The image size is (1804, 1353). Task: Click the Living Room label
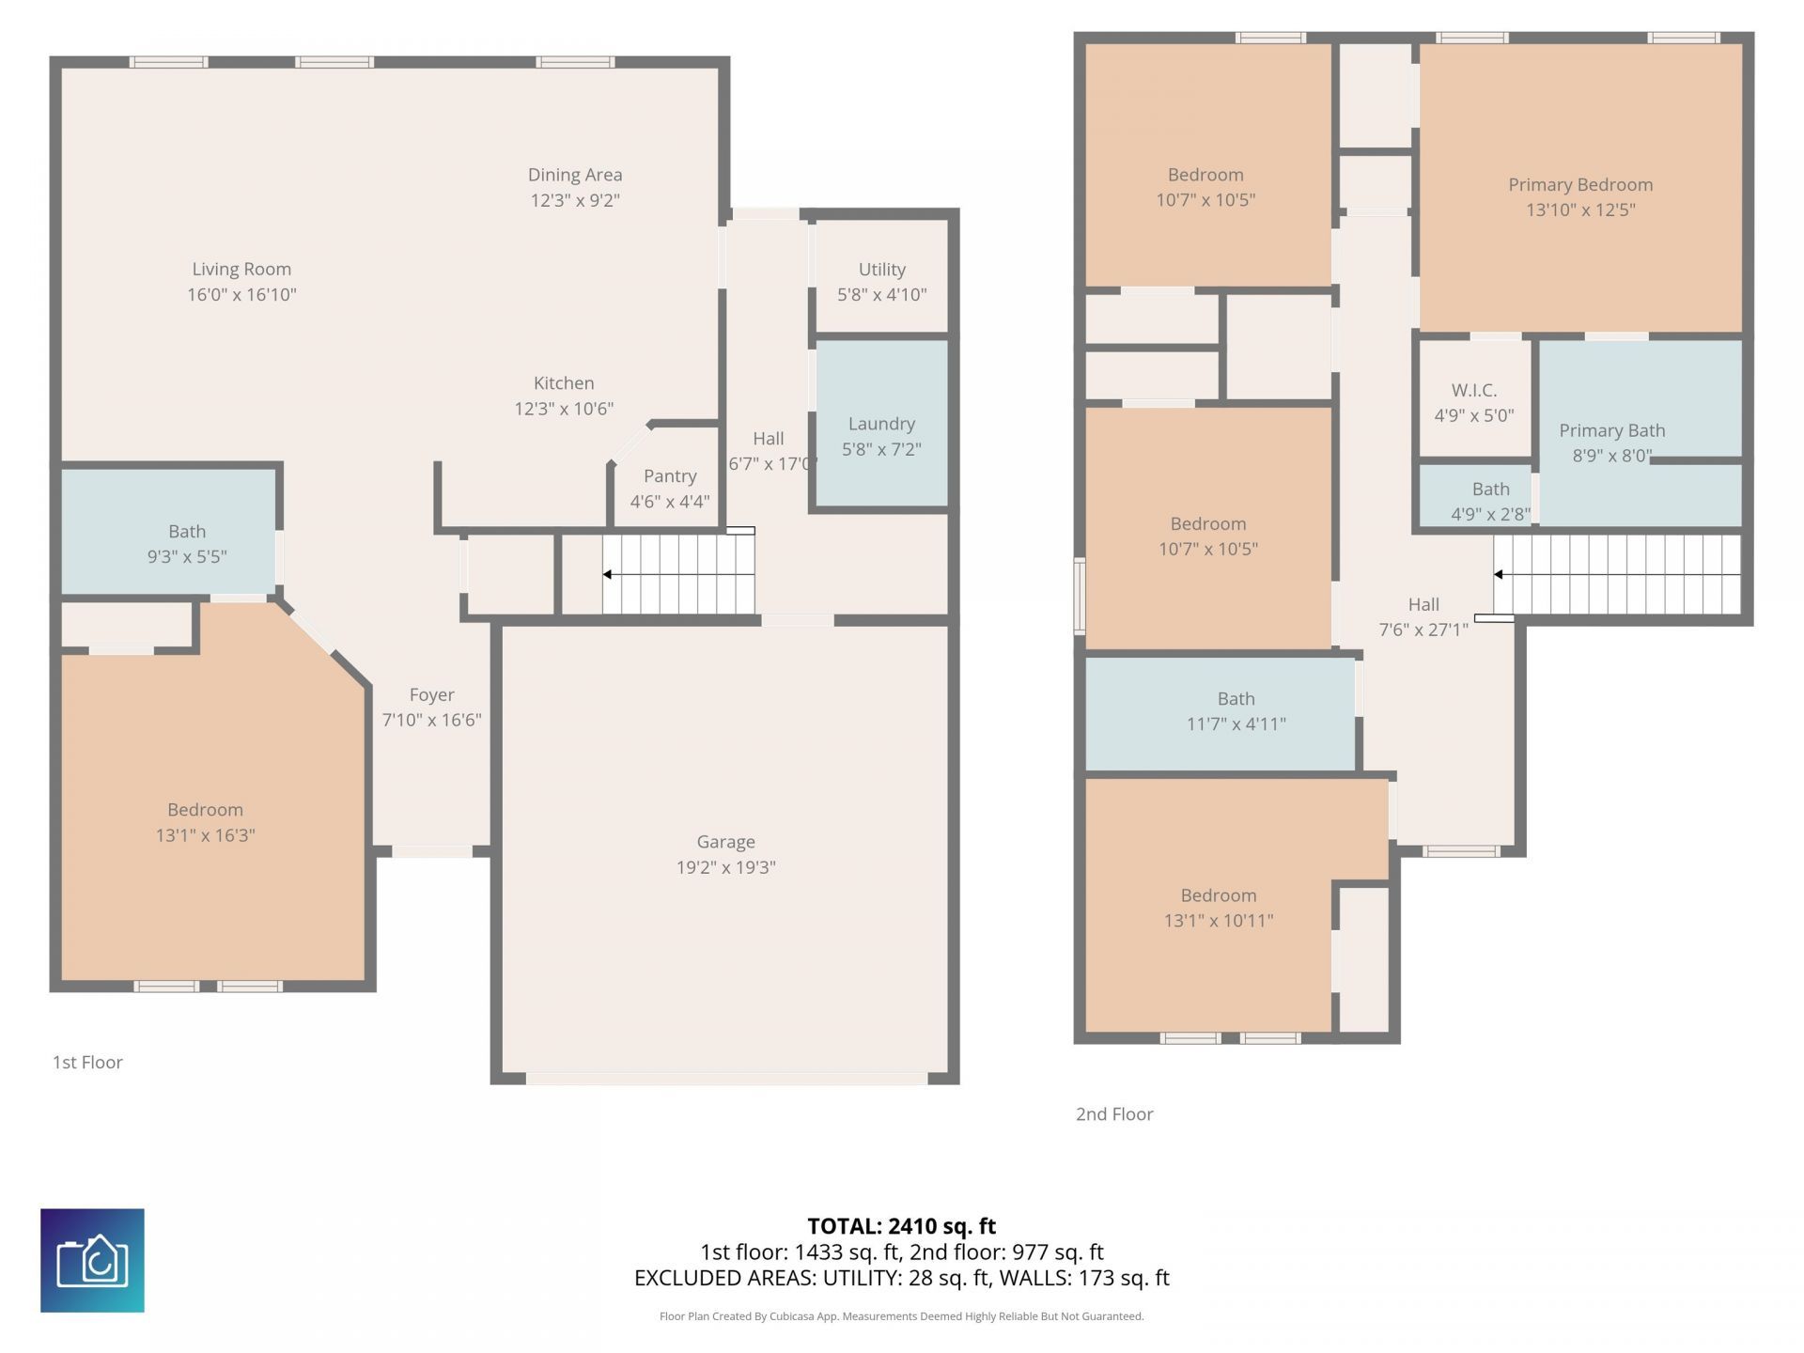241,269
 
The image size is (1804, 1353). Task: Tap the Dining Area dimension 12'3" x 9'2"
575,200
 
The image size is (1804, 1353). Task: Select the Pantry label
670,475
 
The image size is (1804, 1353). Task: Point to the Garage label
725,842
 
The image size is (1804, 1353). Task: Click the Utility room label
881,270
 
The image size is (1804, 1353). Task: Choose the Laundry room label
881,424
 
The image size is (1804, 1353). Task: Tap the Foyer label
431,694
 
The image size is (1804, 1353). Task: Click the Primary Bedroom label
1580,185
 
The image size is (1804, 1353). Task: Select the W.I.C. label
1474,390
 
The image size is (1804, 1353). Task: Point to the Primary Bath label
1612,430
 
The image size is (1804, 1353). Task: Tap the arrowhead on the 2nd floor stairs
1499,574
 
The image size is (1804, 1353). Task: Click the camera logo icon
92,1260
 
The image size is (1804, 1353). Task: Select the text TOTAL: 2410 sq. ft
902,1226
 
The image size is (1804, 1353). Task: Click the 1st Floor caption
87,1062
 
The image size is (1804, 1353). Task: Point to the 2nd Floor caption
1114,1113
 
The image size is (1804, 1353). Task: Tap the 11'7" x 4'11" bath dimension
1236,723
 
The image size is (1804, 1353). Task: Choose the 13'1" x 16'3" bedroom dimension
205,834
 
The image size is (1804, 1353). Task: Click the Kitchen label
564,382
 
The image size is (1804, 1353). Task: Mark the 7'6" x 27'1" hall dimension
1423,630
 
